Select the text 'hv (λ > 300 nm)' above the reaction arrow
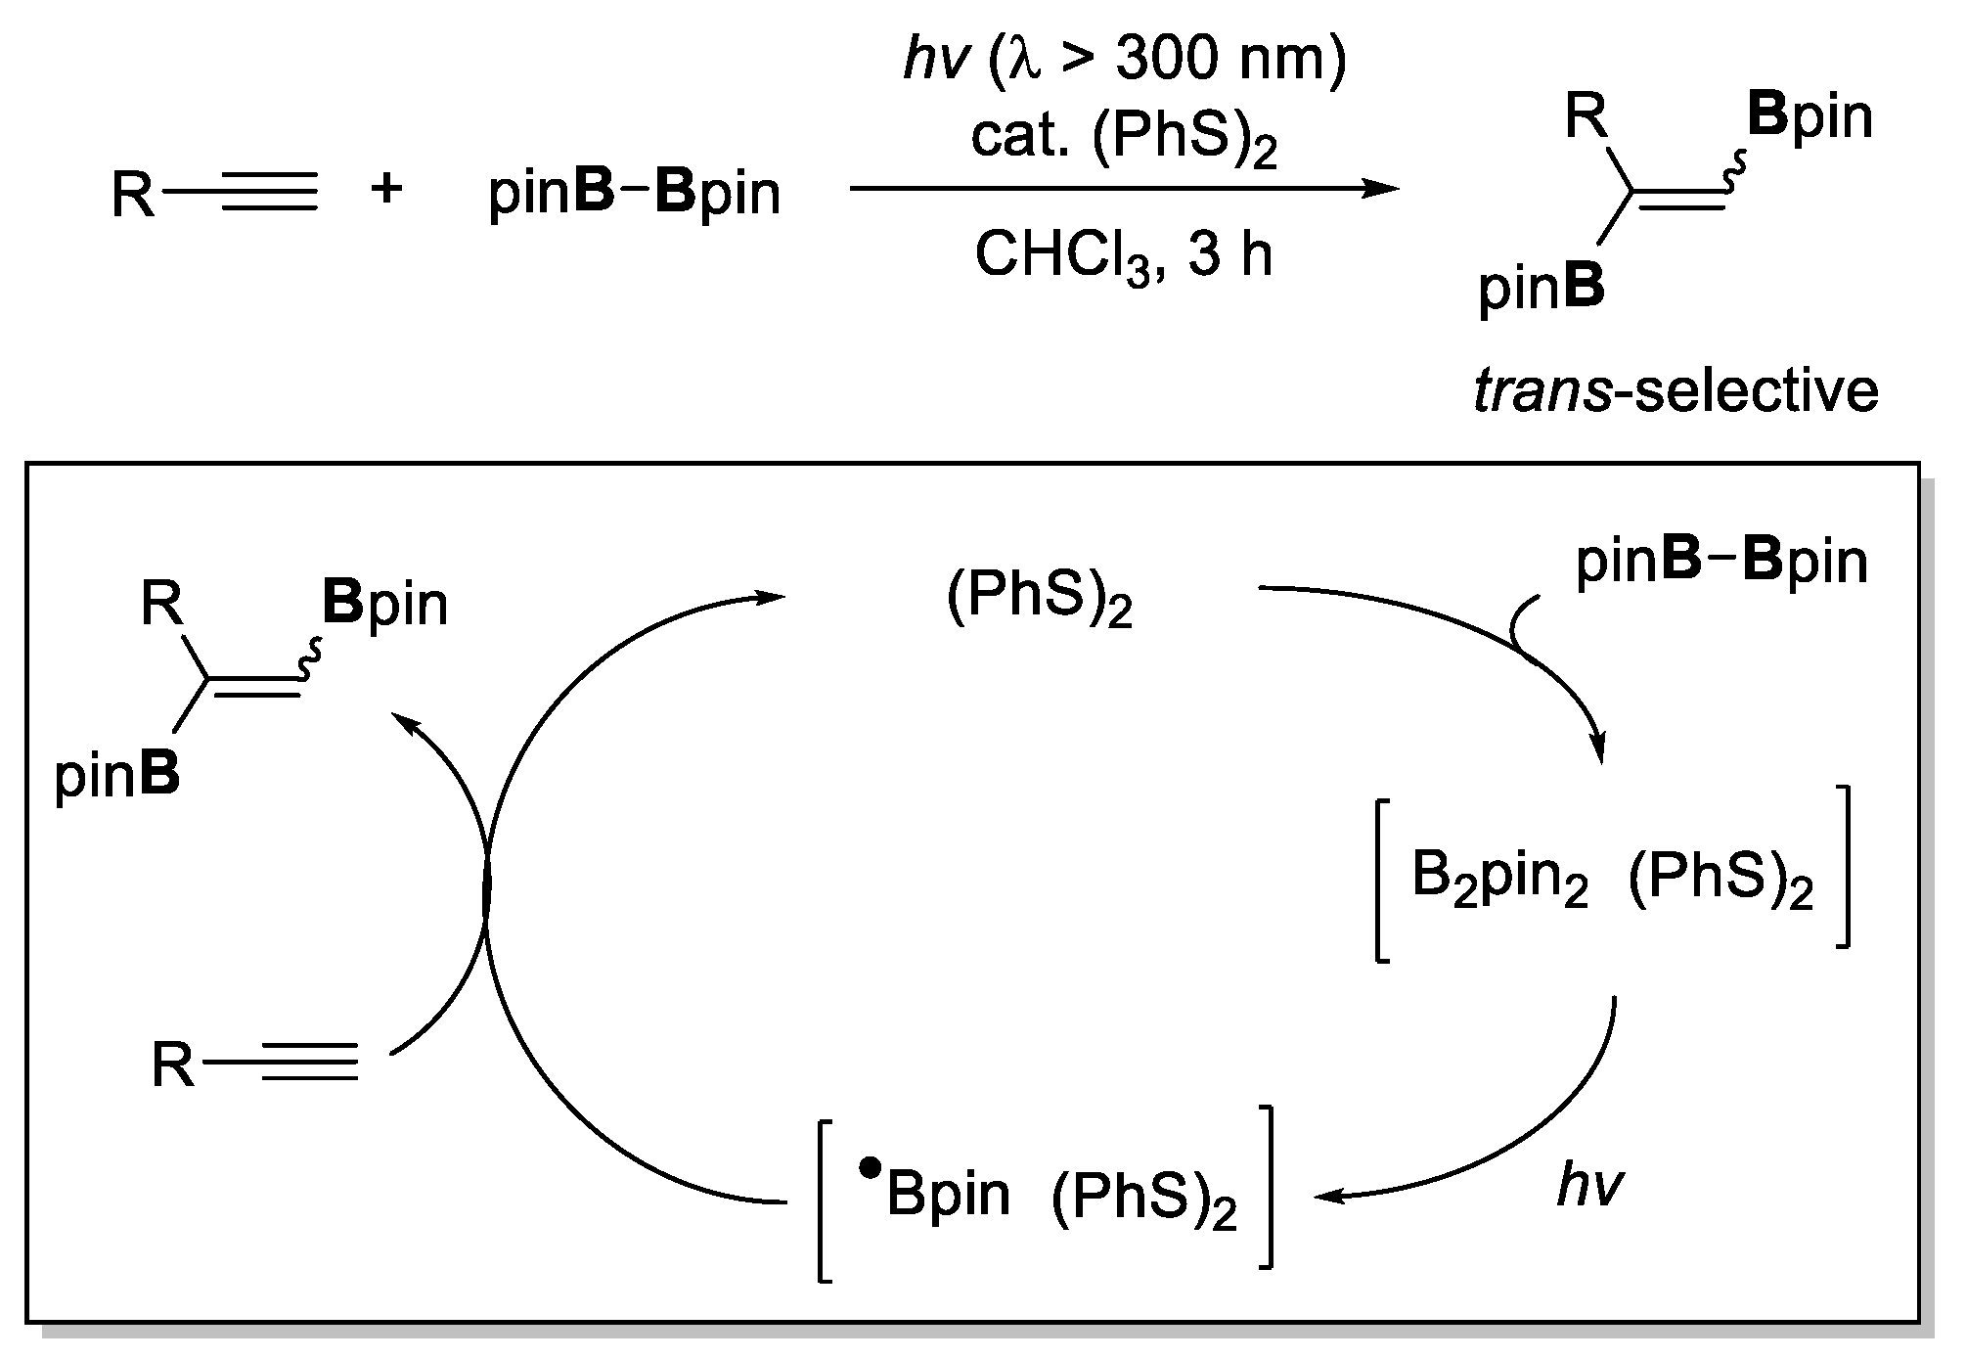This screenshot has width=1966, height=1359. pos(1125,61)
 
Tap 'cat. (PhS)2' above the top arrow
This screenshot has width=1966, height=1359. pos(1125,140)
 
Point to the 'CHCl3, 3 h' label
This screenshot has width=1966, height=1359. pos(1125,256)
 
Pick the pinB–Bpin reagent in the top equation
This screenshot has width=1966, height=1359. pos(635,193)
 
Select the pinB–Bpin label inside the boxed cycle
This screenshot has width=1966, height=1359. pos(1721,563)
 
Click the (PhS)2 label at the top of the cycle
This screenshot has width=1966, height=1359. pos(1040,598)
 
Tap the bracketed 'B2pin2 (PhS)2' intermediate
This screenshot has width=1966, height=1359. pos(1612,875)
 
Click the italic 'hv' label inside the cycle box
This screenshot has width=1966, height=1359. pos(1589,1187)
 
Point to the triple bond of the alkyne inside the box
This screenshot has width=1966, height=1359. pos(310,1064)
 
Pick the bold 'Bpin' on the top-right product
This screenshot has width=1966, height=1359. pos(1810,116)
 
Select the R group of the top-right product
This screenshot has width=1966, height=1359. pos(1586,116)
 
